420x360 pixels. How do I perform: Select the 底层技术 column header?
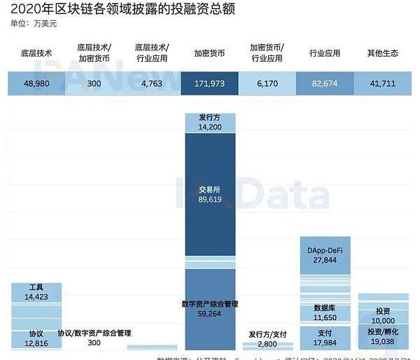pyautogui.click(x=36, y=53)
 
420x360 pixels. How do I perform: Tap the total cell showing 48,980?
pyautogui.click(x=36, y=84)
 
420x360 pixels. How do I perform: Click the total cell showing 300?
pyautogui.click(x=94, y=84)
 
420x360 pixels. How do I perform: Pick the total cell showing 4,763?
pyautogui.click(x=153, y=84)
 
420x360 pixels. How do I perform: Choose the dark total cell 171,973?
pyautogui.click(x=211, y=84)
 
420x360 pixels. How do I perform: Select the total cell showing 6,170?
pyautogui.click(x=268, y=84)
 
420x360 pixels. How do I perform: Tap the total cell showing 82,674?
pyautogui.click(x=326, y=84)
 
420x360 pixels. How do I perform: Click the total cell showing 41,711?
pyautogui.click(x=384, y=84)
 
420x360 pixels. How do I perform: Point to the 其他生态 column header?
pyautogui.click(x=384, y=53)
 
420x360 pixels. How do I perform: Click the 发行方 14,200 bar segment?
pyautogui.click(x=211, y=123)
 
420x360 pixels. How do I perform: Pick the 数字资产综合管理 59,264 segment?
pyautogui.click(x=211, y=310)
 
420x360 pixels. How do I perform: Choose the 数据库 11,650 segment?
pyautogui.click(x=326, y=312)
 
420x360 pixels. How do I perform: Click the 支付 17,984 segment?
pyautogui.click(x=326, y=338)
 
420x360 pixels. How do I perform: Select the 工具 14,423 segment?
pyautogui.click(x=36, y=293)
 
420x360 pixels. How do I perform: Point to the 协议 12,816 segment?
pyautogui.click(x=36, y=338)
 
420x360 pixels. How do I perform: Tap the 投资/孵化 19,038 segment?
pyautogui.click(x=384, y=337)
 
